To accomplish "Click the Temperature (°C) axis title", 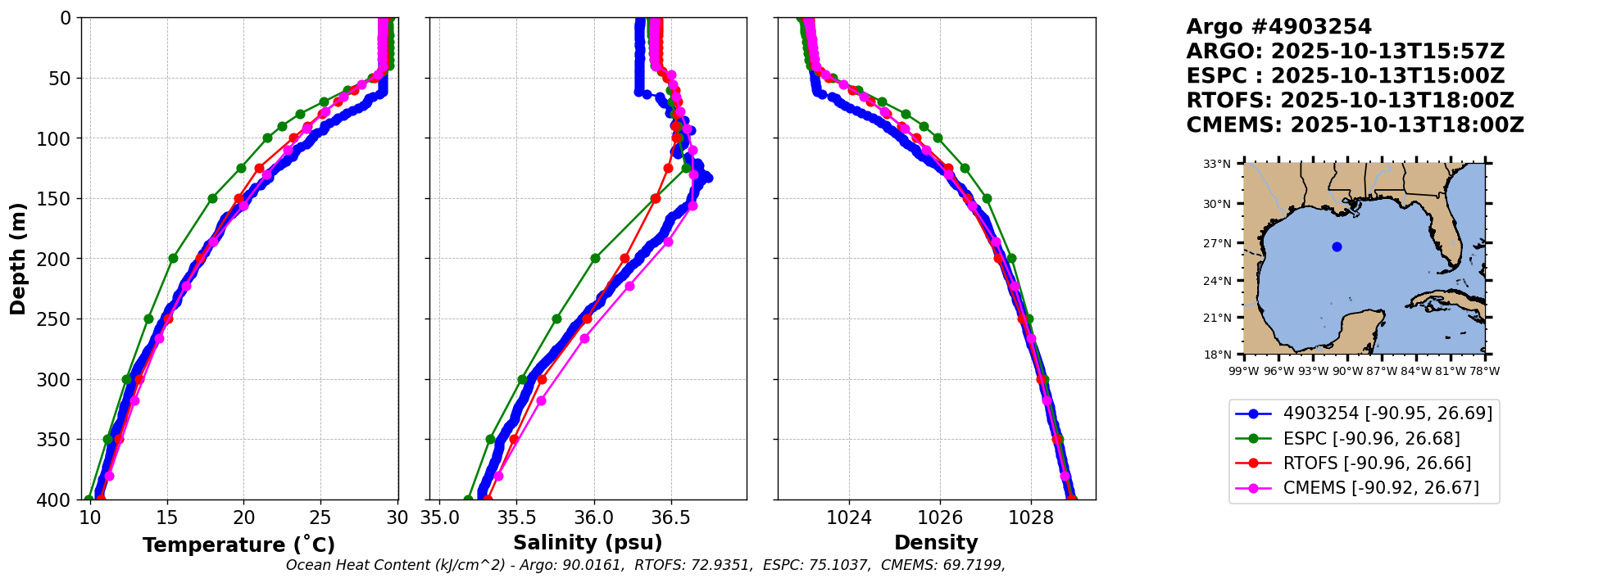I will pyautogui.click(x=238, y=545).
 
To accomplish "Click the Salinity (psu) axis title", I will pyautogui.click(x=588, y=543).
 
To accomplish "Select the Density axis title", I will pyautogui.click(x=936, y=543).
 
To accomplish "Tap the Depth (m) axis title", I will pyautogui.click(x=18, y=259).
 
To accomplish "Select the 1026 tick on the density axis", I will pyautogui.click(x=939, y=518).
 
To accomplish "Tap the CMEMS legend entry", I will pyautogui.click(x=1381, y=488).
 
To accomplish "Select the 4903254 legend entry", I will pyautogui.click(x=1387, y=414).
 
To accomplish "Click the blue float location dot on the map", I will pyautogui.click(x=1337, y=246).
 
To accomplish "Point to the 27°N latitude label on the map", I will pyautogui.click(x=1217, y=243).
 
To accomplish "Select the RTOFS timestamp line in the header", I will pyautogui.click(x=1350, y=101).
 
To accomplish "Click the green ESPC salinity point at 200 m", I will pyautogui.click(x=595, y=259).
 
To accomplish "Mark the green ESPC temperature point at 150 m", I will pyautogui.click(x=212, y=198).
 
